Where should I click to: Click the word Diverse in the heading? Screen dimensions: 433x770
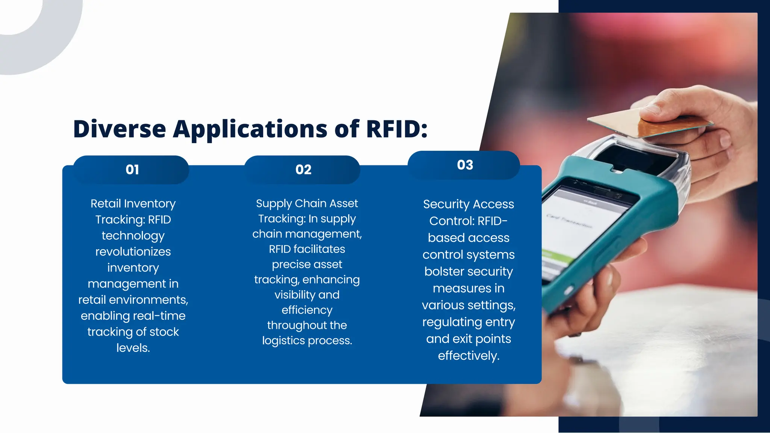pyautogui.click(x=120, y=129)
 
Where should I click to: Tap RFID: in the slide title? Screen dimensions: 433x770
pyautogui.click(x=397, y=129)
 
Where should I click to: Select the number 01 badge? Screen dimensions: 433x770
pyautogui.click(x=132, y=170)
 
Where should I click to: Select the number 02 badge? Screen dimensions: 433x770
pyautogui.click(x=303, y=170)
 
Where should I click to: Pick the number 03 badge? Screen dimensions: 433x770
pyautogui.click(x=465, y=165)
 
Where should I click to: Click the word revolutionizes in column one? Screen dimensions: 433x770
pyautogui.click(x=133, y=251)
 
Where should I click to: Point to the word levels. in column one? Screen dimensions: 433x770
pyautogui.click(x=133, y=348)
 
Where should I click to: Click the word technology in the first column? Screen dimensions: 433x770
pyautogui.click(x=133, y=236)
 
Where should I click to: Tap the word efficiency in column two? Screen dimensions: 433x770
pyautogui.click(x=307, y=310)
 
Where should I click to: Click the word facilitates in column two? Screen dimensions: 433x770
pyautogui.click(x=319, y=249)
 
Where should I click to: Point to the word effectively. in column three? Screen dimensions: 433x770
pyautogui.click(x=468, y=356)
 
